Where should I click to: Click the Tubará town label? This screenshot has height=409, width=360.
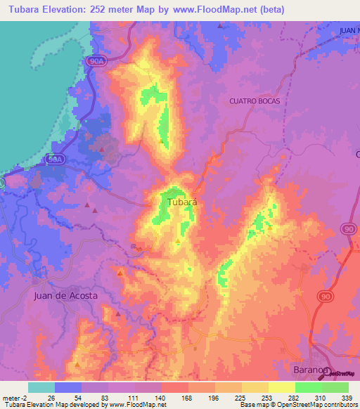coord(182,202)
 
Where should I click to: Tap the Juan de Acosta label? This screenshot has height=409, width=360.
coord(65,296)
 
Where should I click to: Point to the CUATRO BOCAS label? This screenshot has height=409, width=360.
coord(255,101)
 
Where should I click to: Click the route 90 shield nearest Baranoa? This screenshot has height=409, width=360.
coord(325,298)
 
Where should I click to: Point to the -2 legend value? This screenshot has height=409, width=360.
coord(23,397)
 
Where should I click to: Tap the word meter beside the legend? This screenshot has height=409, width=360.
coord(10,397)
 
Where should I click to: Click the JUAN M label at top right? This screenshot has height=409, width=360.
coord(348,31)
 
